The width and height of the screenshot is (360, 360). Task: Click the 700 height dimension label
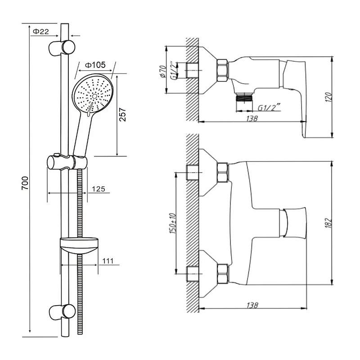click(x=25, y=183)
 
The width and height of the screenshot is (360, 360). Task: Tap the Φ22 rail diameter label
click(x=41, y=31)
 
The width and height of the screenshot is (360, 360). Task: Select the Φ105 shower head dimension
click(x=95, y=65)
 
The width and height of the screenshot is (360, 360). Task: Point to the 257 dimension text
click(x=122, y=115)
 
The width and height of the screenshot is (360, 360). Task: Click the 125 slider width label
click(x=99, y=189)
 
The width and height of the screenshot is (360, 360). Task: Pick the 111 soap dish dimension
click(x=108, y=261)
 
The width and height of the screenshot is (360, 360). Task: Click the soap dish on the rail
click(x=79, y=246)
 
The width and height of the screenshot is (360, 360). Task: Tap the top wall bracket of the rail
click(x=62, y=48)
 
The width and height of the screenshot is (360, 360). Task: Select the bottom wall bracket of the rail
click(x=63, y=311)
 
